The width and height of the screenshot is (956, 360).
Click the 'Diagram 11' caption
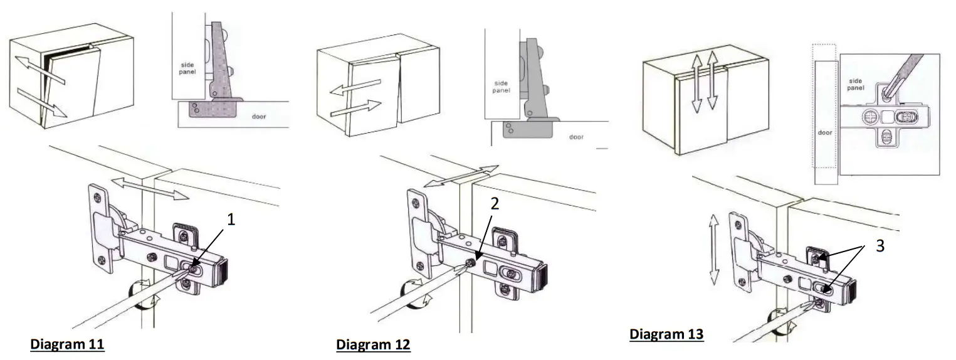coord(67,344)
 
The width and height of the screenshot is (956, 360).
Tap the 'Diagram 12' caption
coord(373,345)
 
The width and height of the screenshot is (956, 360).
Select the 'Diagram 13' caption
coord(667,334)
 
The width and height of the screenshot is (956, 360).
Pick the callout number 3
coord(881,246)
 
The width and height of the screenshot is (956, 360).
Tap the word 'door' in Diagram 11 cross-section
coord(260,117)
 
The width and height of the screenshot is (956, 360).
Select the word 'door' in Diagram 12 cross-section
coord(576,136)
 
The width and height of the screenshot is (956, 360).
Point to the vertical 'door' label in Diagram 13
coord(826,134)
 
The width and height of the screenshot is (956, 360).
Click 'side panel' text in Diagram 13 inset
coord(856,85)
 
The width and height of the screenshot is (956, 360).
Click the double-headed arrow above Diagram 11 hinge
coord(150,188)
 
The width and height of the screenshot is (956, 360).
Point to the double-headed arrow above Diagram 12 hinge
coord(461,176)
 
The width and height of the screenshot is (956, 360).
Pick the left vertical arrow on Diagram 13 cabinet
coord(695,83)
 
